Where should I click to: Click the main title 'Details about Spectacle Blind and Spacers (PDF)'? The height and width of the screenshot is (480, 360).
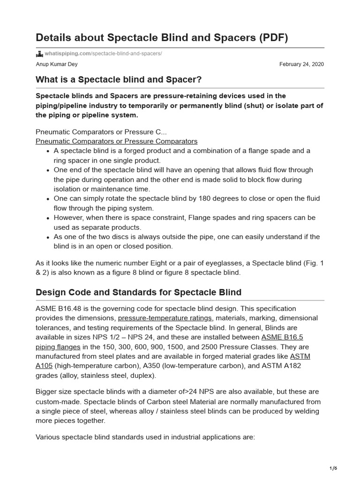162,38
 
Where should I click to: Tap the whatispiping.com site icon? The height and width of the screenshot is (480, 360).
39,53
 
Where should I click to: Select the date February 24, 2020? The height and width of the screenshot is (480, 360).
301,64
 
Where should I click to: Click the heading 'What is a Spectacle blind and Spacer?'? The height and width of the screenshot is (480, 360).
119,80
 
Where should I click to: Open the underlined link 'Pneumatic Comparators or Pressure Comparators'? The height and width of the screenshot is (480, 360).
116,141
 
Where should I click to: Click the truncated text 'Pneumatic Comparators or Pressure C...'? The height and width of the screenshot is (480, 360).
101,132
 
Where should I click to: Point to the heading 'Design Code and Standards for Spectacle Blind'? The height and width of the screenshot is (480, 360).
138,292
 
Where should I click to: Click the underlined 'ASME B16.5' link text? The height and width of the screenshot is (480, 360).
279,337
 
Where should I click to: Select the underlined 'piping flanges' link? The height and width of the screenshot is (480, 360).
58,347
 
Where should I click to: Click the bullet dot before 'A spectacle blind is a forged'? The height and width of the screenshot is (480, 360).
49,151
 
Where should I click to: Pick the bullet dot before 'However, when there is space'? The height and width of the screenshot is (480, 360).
49,218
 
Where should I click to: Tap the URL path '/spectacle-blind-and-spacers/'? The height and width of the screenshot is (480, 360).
127,53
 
